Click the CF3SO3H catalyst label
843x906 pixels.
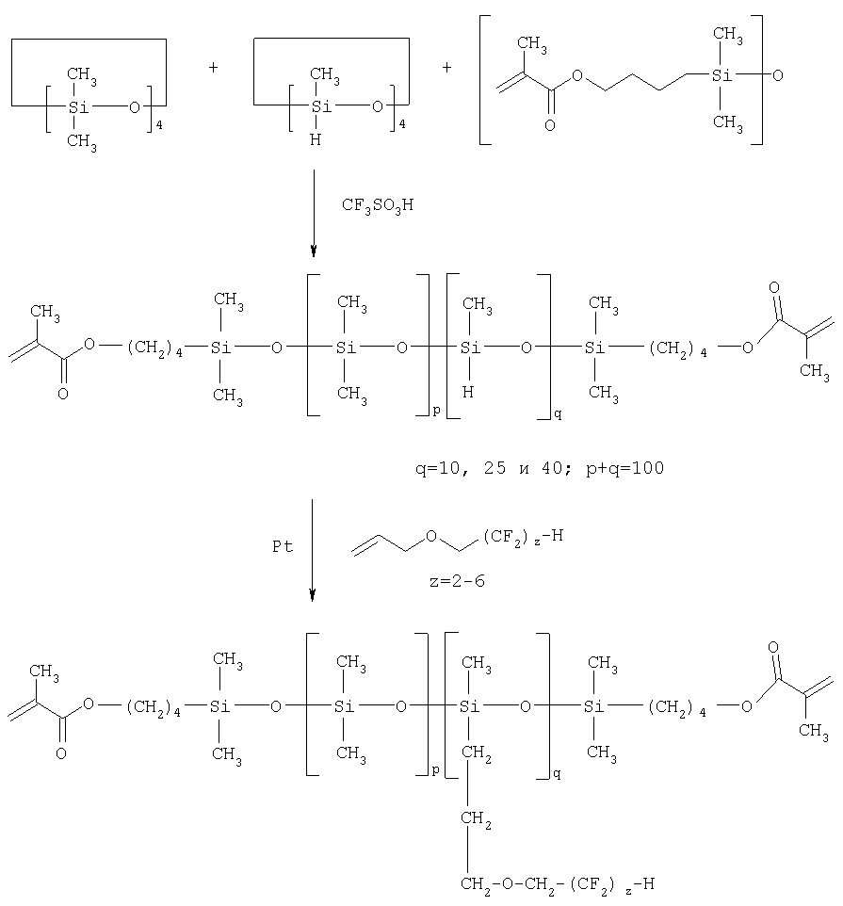click(x=378, y=205)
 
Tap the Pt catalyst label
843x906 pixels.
click(x=283, y=546)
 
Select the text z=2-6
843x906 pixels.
click(x=457, y=581)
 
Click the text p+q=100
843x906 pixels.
click(x=625, y=469)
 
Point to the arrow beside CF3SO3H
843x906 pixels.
click(x=314, y=213)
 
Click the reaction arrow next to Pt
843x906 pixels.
click(x=312, y=550)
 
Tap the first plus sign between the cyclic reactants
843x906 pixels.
click(x=213, y=68)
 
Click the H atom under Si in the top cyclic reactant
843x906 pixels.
click(x=316, y=139)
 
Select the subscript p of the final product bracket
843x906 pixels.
click(x=436, y=771)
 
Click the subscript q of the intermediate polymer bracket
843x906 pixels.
click(x=558, y=413)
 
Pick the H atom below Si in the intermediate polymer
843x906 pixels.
click(x=468, y=393)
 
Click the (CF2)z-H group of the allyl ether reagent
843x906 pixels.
click(x=523, y=538)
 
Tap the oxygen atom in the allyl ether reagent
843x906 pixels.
click(x=431, y=537)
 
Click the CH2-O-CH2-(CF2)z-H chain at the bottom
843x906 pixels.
click(x=558, y=884)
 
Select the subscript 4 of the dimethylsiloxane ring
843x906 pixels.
click(x=159, y=124)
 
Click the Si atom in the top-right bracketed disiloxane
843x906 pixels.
click(x=721, y=75)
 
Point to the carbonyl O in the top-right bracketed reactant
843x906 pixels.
click(x=549, y=125)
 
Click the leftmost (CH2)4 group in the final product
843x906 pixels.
click(x=154, y=708)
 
